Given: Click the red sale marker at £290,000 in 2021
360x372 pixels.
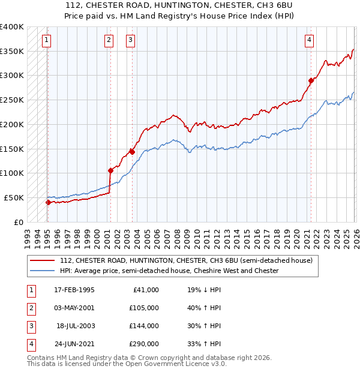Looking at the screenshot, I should (311, 80).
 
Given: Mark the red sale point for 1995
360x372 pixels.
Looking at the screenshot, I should (48, 202).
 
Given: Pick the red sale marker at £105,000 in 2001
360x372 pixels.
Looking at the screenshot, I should (110, 170).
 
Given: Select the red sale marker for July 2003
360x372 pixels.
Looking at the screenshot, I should (132, 152).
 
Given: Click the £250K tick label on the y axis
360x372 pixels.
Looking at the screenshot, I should (12, 100).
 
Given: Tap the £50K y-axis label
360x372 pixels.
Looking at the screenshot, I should (14, 197).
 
